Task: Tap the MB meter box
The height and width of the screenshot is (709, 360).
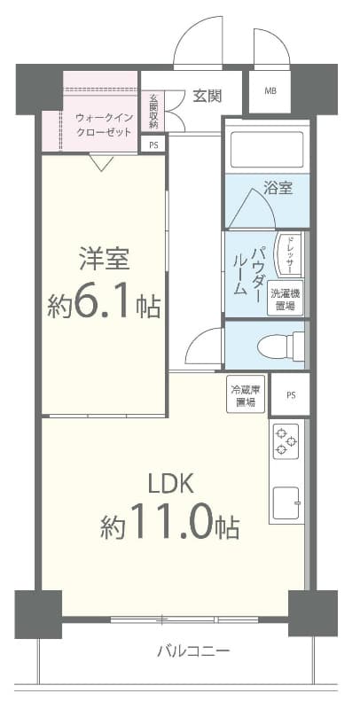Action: pyautogui.click(x=269, y=90)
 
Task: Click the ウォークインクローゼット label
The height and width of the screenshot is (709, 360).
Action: pyautogui.click(x=104, y=124)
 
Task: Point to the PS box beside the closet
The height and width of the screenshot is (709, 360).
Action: pyautogui.click(x=153, y=144)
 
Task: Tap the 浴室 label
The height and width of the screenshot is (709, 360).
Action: pyautogui.click(x=278, y=188)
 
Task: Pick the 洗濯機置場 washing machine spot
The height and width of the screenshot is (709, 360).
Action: pyautogui.click(x=286, y=299)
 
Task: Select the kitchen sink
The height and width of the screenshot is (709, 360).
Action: pyautogui.click(x=286, y=504)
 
